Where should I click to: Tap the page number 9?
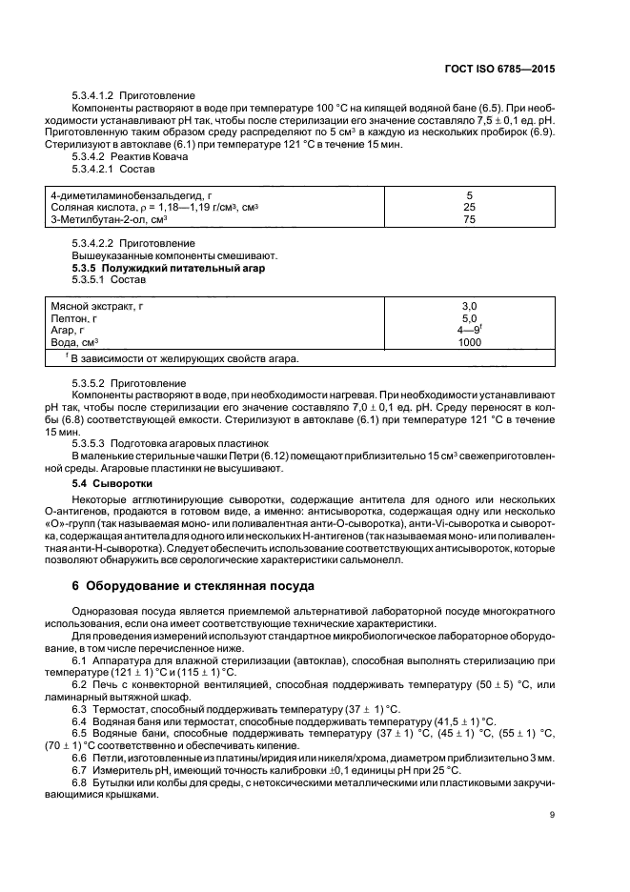[x=551, y=813]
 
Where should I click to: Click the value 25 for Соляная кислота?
[x=469, y=207]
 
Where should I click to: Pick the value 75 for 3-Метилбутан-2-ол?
[x=469, y=219]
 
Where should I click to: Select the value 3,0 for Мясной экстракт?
[x=469, y=306]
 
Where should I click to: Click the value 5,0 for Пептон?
[x=469, y=318]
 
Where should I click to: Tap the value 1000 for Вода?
[x=469, y=342]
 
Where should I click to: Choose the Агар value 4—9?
[x=469, y=330]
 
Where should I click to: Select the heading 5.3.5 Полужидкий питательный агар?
[x=168, y=269]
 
